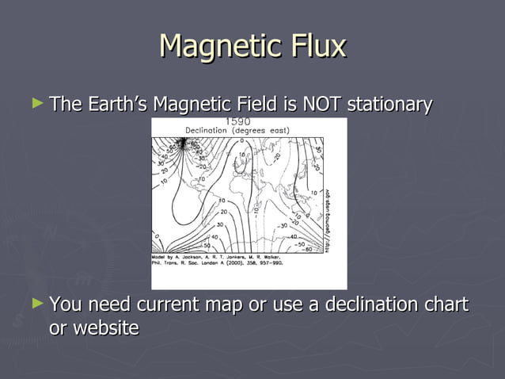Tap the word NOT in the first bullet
click(x=318, y=104)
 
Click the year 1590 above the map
click(x=238, y=121)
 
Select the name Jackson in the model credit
click(x=199, y=258)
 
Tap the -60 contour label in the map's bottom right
click(x=306, y=249)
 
